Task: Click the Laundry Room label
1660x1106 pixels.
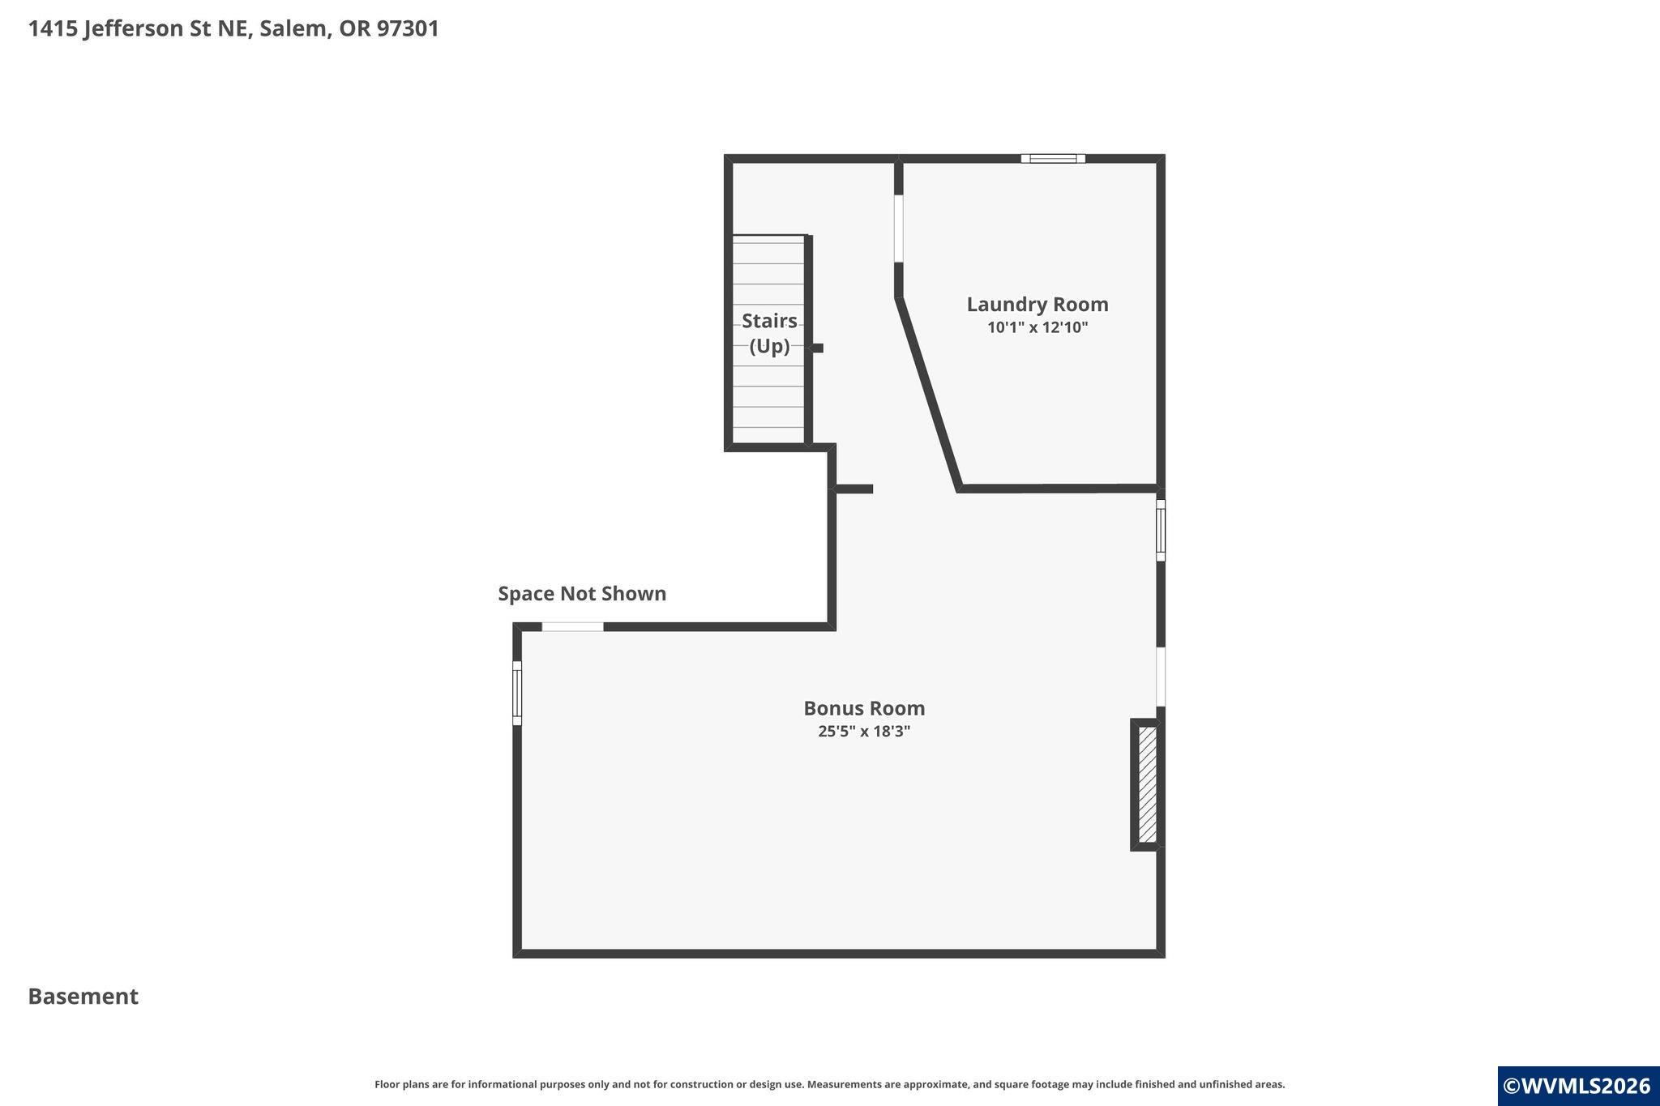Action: [x=1037, y=305]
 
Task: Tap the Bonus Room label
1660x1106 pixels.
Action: [x=864, y=708]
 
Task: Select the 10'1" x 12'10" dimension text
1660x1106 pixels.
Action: [x=1037, y=327]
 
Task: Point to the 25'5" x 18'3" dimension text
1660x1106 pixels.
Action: [x=864, y=731]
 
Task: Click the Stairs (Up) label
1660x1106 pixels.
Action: [x=769, y=333]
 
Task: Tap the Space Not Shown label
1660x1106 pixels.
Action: [x=582, y=594]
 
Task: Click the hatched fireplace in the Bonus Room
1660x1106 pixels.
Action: [x=1147, y=784]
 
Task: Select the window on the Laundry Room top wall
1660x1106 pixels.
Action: [x=1053, y=158]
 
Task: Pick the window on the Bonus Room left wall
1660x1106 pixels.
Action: [x=517, y=693]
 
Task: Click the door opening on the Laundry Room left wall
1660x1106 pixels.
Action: [x=898, y=228]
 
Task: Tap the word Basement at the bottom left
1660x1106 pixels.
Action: [x=83, y=997]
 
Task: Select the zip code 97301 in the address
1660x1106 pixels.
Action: [x=408, y=28]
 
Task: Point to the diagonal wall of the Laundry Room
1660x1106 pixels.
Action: [x=928, y=393]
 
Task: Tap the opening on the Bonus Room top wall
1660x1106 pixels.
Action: [x=572, y=626]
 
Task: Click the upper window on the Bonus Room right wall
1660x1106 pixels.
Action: [x=1161, y=531]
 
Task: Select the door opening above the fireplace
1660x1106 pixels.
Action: [x=1161, y=677]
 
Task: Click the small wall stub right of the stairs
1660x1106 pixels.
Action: [x=818, y=348]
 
